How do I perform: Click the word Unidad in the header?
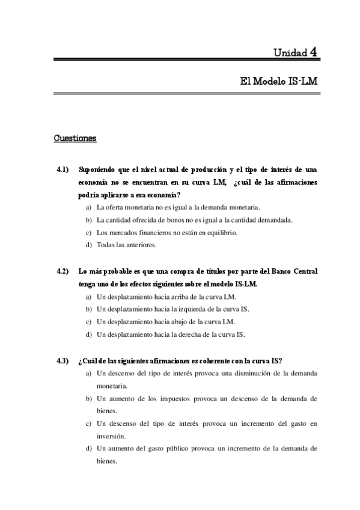(x=291, y=52)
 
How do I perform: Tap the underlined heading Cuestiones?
(x=75, y=138)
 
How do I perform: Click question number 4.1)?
(x=63, y=169)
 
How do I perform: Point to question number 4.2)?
(x=63, y=271)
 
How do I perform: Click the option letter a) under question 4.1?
(x=89, y=207)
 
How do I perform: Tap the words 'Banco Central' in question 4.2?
(x=296, y=271)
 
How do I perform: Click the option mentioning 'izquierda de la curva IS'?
(x=172, y=309)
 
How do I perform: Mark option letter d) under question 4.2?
(x=89, y=334)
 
